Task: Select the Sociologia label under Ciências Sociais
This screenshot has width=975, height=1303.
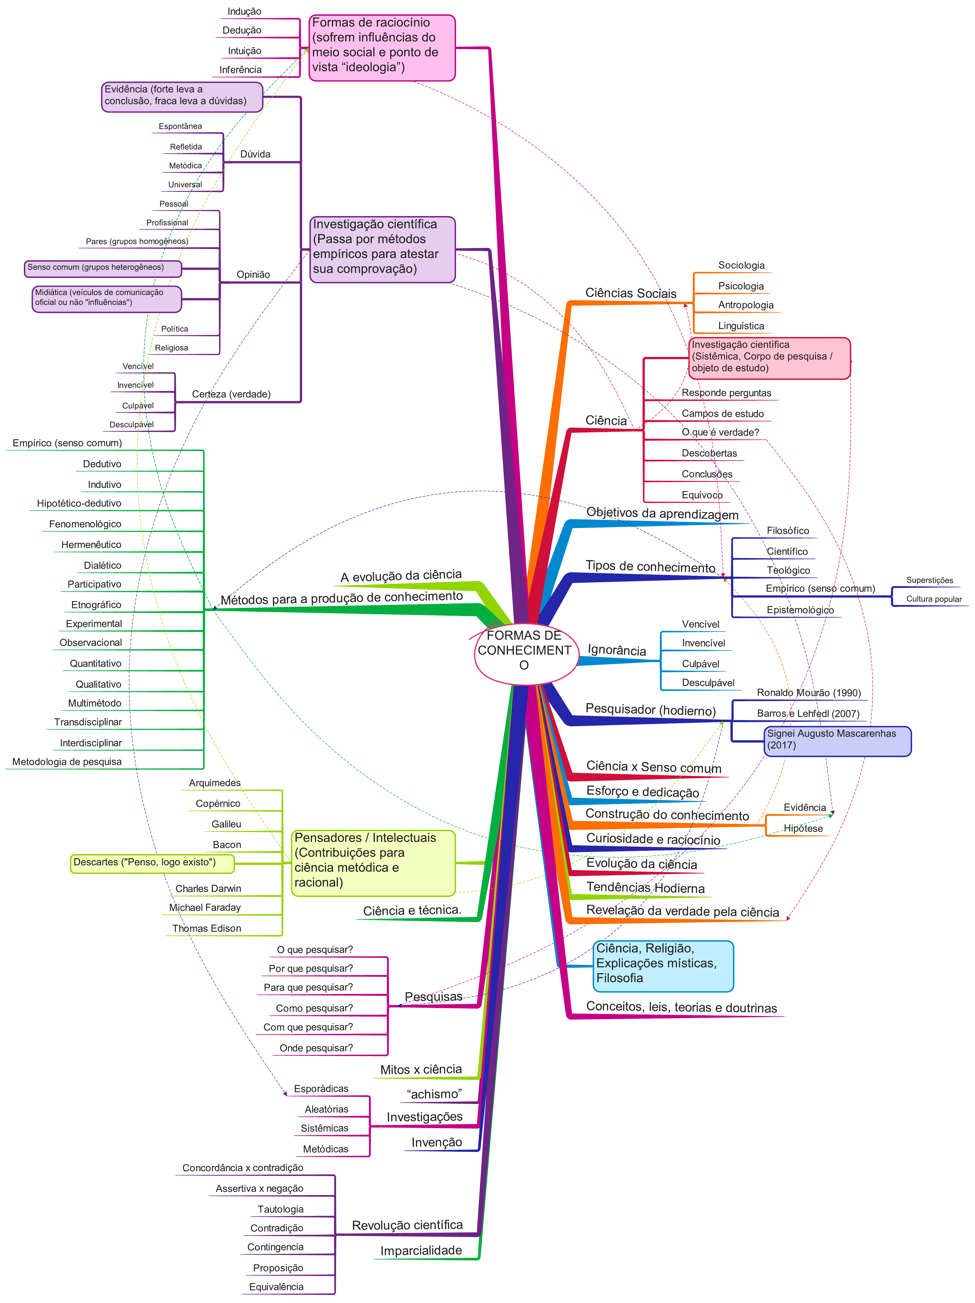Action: [x=741, y=265]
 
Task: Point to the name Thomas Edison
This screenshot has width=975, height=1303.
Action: [x=207, y=928]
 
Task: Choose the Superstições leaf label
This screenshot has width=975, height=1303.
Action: [x=930, y=580]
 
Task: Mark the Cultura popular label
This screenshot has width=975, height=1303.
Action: [x=934, y=599]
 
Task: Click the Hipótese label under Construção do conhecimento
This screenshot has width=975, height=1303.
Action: [x=803, y=828]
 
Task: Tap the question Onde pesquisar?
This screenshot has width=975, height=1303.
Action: [x=316, y=1048]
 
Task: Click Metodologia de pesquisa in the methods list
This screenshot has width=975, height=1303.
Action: [x=67, y=762]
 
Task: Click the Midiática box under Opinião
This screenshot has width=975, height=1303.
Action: [x=107, y=299]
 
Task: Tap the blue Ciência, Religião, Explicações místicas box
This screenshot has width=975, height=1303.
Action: [x=663, y=966]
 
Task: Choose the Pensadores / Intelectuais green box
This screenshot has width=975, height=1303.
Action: [x=373, y=863]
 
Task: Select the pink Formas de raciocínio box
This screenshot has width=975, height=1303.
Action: [x=382, y=48]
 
